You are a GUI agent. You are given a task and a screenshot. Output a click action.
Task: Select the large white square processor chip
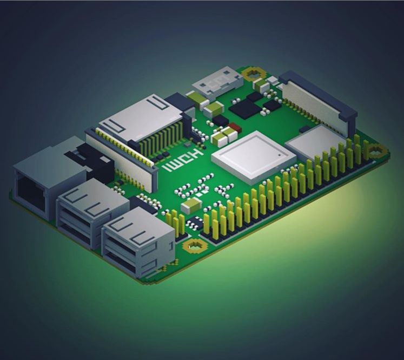(253, 158)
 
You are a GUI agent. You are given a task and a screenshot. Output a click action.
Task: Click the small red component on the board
(234, 128)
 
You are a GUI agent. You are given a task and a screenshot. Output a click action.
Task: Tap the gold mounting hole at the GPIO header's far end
(374, 150)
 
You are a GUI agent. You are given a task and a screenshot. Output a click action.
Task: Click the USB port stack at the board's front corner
(138, 242)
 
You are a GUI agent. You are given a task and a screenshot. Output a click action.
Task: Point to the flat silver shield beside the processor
(314, 142)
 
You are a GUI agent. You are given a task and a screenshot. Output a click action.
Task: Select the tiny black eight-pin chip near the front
(194, 223)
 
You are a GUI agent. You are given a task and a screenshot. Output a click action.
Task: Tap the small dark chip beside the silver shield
(304, 129)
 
